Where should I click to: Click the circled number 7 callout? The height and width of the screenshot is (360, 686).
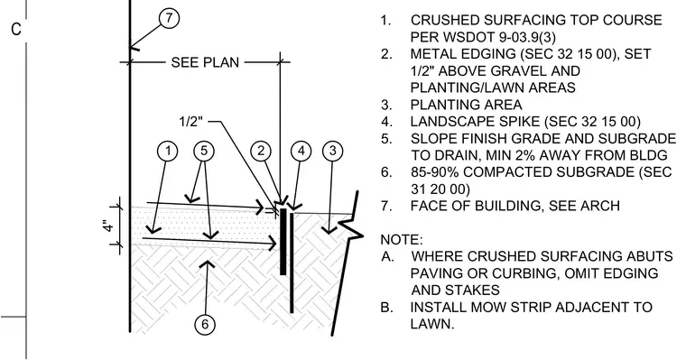170,18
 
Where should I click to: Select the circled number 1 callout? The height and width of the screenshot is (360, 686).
168,151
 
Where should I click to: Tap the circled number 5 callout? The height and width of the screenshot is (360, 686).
204,151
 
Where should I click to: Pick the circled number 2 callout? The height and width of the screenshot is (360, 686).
261,151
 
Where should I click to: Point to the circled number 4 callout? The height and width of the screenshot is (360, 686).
301,151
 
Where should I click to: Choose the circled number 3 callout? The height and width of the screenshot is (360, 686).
332,151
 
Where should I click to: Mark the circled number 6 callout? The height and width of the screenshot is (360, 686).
205,325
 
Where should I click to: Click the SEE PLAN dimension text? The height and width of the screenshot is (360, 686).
205,62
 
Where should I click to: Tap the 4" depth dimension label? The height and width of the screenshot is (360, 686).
109,225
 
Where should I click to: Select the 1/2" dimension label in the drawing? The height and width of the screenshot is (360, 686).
191,121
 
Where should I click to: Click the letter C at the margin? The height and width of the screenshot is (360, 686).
16,29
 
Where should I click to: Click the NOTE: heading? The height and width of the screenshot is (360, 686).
402,240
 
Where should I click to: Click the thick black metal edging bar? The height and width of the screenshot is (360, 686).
283,242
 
